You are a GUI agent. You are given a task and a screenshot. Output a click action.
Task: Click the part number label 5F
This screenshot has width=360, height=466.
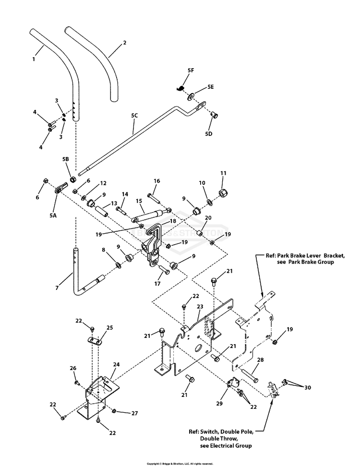191,71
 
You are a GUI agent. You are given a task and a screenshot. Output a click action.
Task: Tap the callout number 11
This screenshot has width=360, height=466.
223,173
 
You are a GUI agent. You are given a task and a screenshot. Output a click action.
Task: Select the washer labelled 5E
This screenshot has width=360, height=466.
192,97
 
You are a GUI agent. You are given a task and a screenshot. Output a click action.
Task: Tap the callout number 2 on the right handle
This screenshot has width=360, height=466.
124,43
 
